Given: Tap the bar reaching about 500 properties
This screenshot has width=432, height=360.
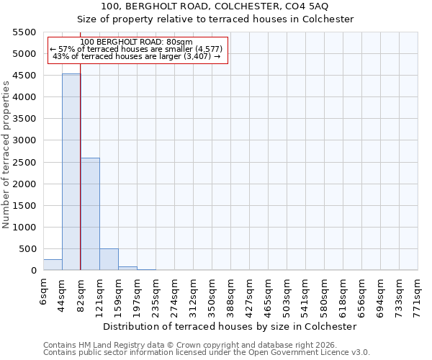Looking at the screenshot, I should click(x=109, y=259).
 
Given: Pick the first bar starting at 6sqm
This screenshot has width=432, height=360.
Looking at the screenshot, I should click(x=53, y=264).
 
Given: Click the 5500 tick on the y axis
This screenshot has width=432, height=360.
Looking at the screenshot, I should click(x=24, y=32).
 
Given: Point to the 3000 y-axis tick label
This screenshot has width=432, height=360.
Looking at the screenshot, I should click(x=24, y=140).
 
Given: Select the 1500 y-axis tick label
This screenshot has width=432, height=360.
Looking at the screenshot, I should click(x=24, y=206).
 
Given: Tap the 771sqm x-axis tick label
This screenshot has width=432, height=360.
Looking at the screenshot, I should click(x=418, y=294).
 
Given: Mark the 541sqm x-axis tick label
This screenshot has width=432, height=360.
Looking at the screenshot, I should click(x=306, y=294).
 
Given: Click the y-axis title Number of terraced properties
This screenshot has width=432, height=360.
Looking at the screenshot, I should click(x=6, y=155).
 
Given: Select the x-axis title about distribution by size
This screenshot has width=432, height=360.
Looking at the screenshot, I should click(x=230, y=326).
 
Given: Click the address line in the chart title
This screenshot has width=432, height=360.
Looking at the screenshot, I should click(x=215, y=6).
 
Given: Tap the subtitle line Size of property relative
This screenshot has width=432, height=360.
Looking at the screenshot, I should click(x=215, y=19).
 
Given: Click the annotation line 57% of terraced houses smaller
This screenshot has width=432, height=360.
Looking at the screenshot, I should click(x=137, y=49).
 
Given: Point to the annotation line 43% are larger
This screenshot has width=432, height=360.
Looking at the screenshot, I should click(x=137, y=56).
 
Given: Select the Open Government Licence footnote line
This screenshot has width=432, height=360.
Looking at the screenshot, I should click(x=207, y=353).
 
